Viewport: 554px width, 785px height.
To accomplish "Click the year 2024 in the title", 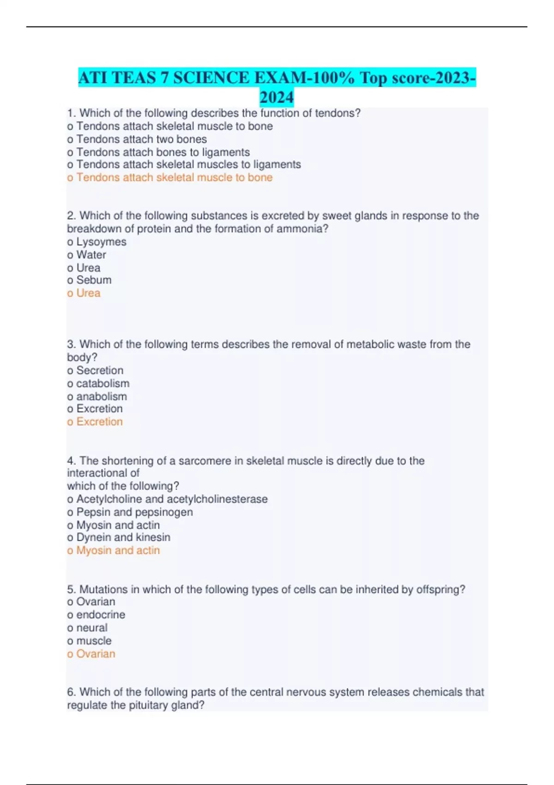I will pos(277,97).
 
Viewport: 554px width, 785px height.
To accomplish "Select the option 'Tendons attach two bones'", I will pos(141,139).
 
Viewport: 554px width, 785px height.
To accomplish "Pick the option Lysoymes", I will pos(101,242).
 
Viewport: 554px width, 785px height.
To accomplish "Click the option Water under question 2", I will pos(91,254).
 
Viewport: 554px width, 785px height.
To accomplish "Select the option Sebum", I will pos(93,280).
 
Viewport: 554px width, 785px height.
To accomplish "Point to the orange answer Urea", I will pos(88,293).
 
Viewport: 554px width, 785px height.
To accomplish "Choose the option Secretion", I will pos(99,370).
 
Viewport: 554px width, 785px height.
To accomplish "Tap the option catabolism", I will pos(102,383).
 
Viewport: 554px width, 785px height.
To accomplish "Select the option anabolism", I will pos(101,396).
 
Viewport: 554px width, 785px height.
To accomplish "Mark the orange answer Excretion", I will pos(99,422).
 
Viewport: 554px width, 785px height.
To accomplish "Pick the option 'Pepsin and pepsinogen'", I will pos(134,512).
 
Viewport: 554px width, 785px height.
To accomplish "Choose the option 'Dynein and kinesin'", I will pos(123,537).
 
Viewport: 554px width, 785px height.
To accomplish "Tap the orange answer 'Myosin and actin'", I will pos(118,550).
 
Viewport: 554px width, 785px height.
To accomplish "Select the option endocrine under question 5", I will pos(100,615).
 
